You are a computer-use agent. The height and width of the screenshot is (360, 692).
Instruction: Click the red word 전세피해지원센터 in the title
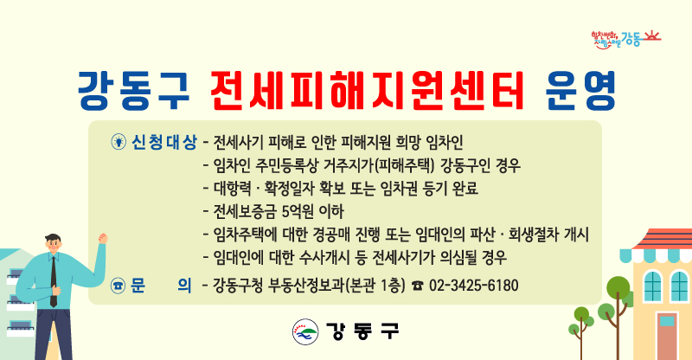point(367,91)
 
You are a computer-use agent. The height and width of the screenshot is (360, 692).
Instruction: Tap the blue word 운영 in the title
point(580,91)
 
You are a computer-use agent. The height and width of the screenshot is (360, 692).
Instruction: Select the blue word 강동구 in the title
point(134,91)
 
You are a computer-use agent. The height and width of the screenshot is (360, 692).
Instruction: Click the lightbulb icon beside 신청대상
point(119,142)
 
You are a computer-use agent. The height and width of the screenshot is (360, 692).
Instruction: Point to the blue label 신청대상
point(164,142)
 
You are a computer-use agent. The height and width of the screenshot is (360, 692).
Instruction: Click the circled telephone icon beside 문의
point(118,286)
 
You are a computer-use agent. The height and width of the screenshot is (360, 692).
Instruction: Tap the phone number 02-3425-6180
point(473,286)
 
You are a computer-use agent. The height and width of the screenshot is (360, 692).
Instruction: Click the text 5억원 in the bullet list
point(297,211)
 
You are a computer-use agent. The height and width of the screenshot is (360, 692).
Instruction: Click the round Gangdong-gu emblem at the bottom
point(305,331)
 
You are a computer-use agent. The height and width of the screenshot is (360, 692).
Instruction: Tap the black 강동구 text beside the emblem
point(362,331)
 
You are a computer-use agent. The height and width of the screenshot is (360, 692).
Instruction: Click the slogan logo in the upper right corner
point(625,39)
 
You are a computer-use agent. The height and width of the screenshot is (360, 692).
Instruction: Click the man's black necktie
point(54,281)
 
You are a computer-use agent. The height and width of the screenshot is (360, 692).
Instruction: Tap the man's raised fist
point(103,239)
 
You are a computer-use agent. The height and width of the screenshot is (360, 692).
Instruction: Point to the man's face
point(54,246)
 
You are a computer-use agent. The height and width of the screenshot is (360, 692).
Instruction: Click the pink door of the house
point(667,336)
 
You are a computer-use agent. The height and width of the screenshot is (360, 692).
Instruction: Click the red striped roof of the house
point(662,239)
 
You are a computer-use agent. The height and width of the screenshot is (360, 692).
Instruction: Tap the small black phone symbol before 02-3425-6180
point(417,286)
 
